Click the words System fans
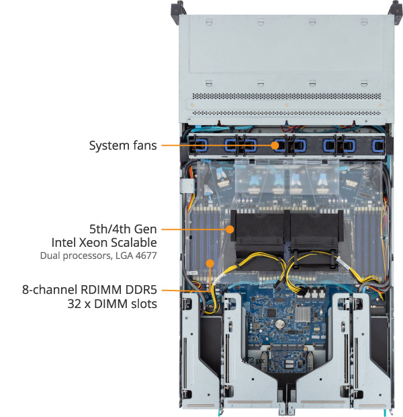(123, 145)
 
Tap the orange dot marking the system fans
(275, 145)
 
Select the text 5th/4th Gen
(123, 229)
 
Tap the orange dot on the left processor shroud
(230, 229)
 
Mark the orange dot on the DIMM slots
(210, 263)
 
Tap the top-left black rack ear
(178, 9)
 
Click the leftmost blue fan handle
(200, 145)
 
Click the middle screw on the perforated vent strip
(284, 97)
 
